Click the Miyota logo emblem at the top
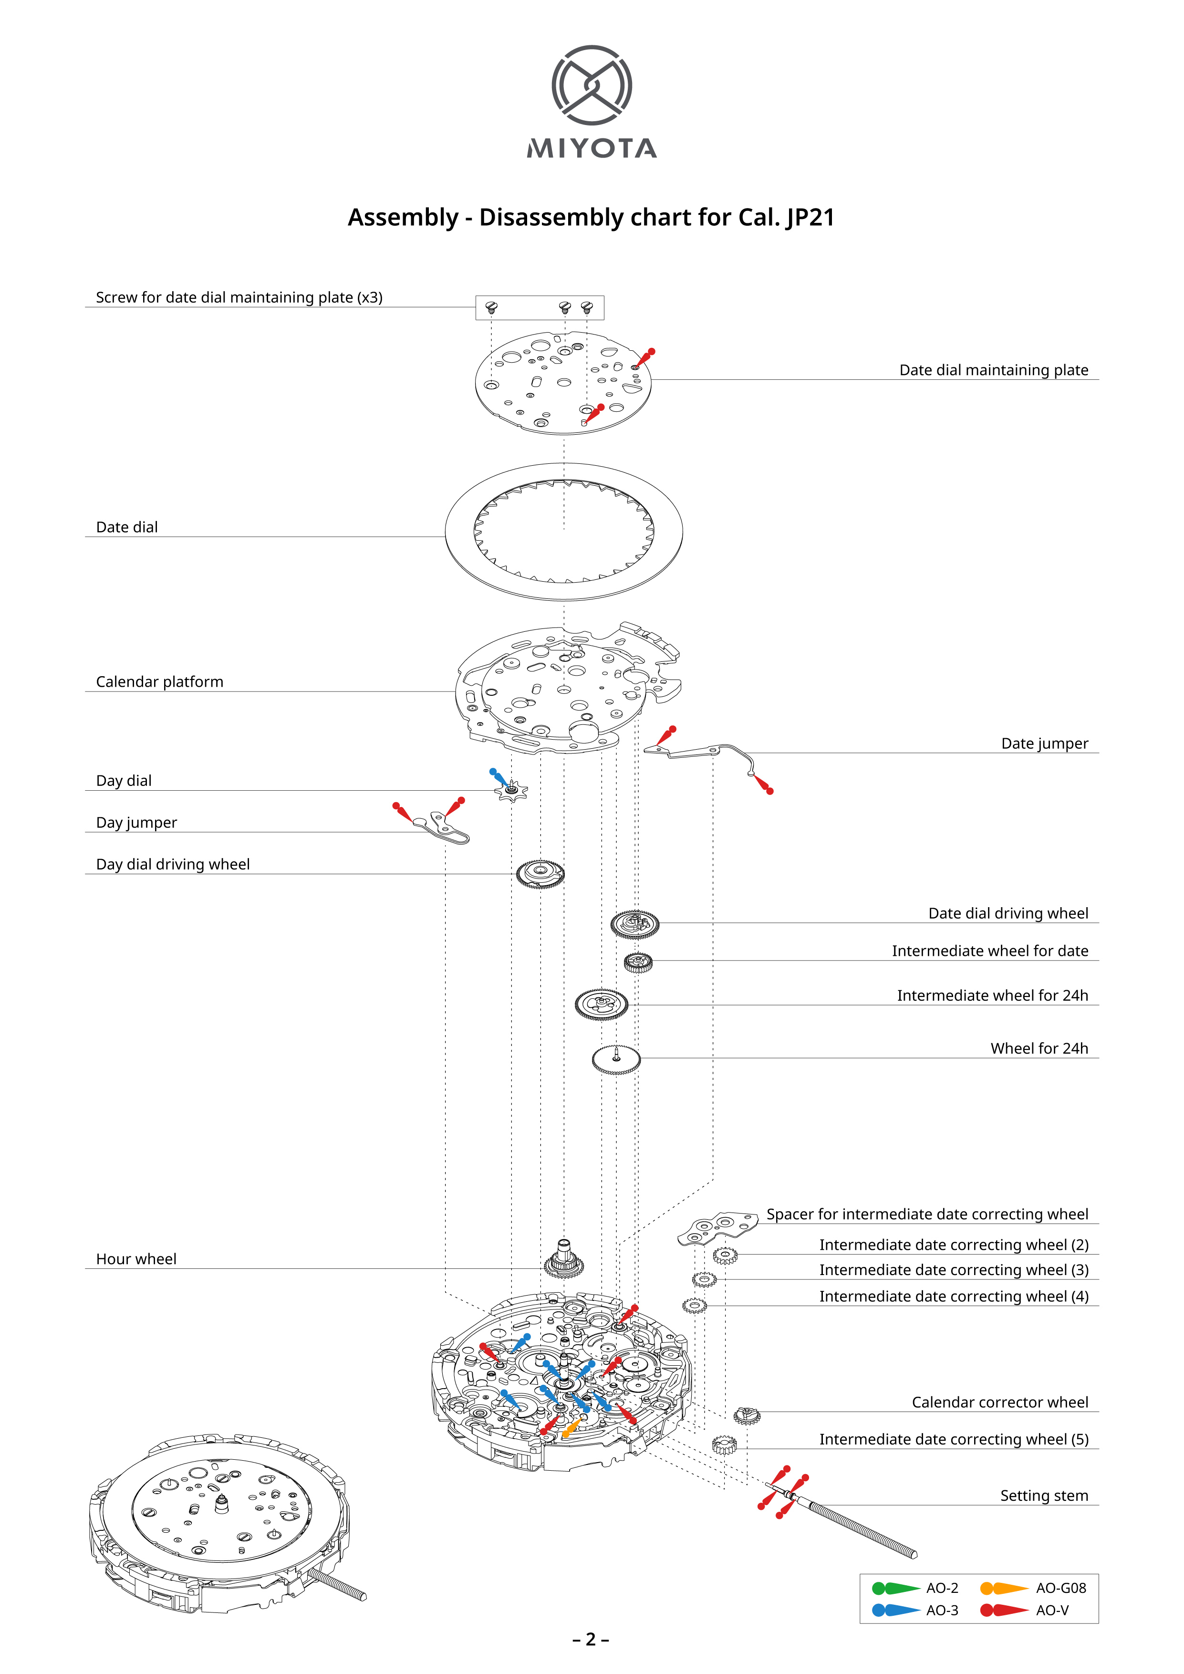click(x=591, y=84)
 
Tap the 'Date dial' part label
click(x=127, y=527)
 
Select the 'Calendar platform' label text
click(x=160, y=682)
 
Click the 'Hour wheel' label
click(x=136, y=1259)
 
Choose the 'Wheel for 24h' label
click(x=1039, y=1048)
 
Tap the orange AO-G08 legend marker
click(x=1003, y=1588)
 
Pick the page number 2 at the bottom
click(x=591, y=1640)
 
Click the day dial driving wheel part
click(x=540, y=873)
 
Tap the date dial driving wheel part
click(x=634, y=924)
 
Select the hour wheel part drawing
click(x=563, y=1260)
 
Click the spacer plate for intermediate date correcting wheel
click(x=716, y=1228)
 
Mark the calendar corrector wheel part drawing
click(x=747, y=1415)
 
